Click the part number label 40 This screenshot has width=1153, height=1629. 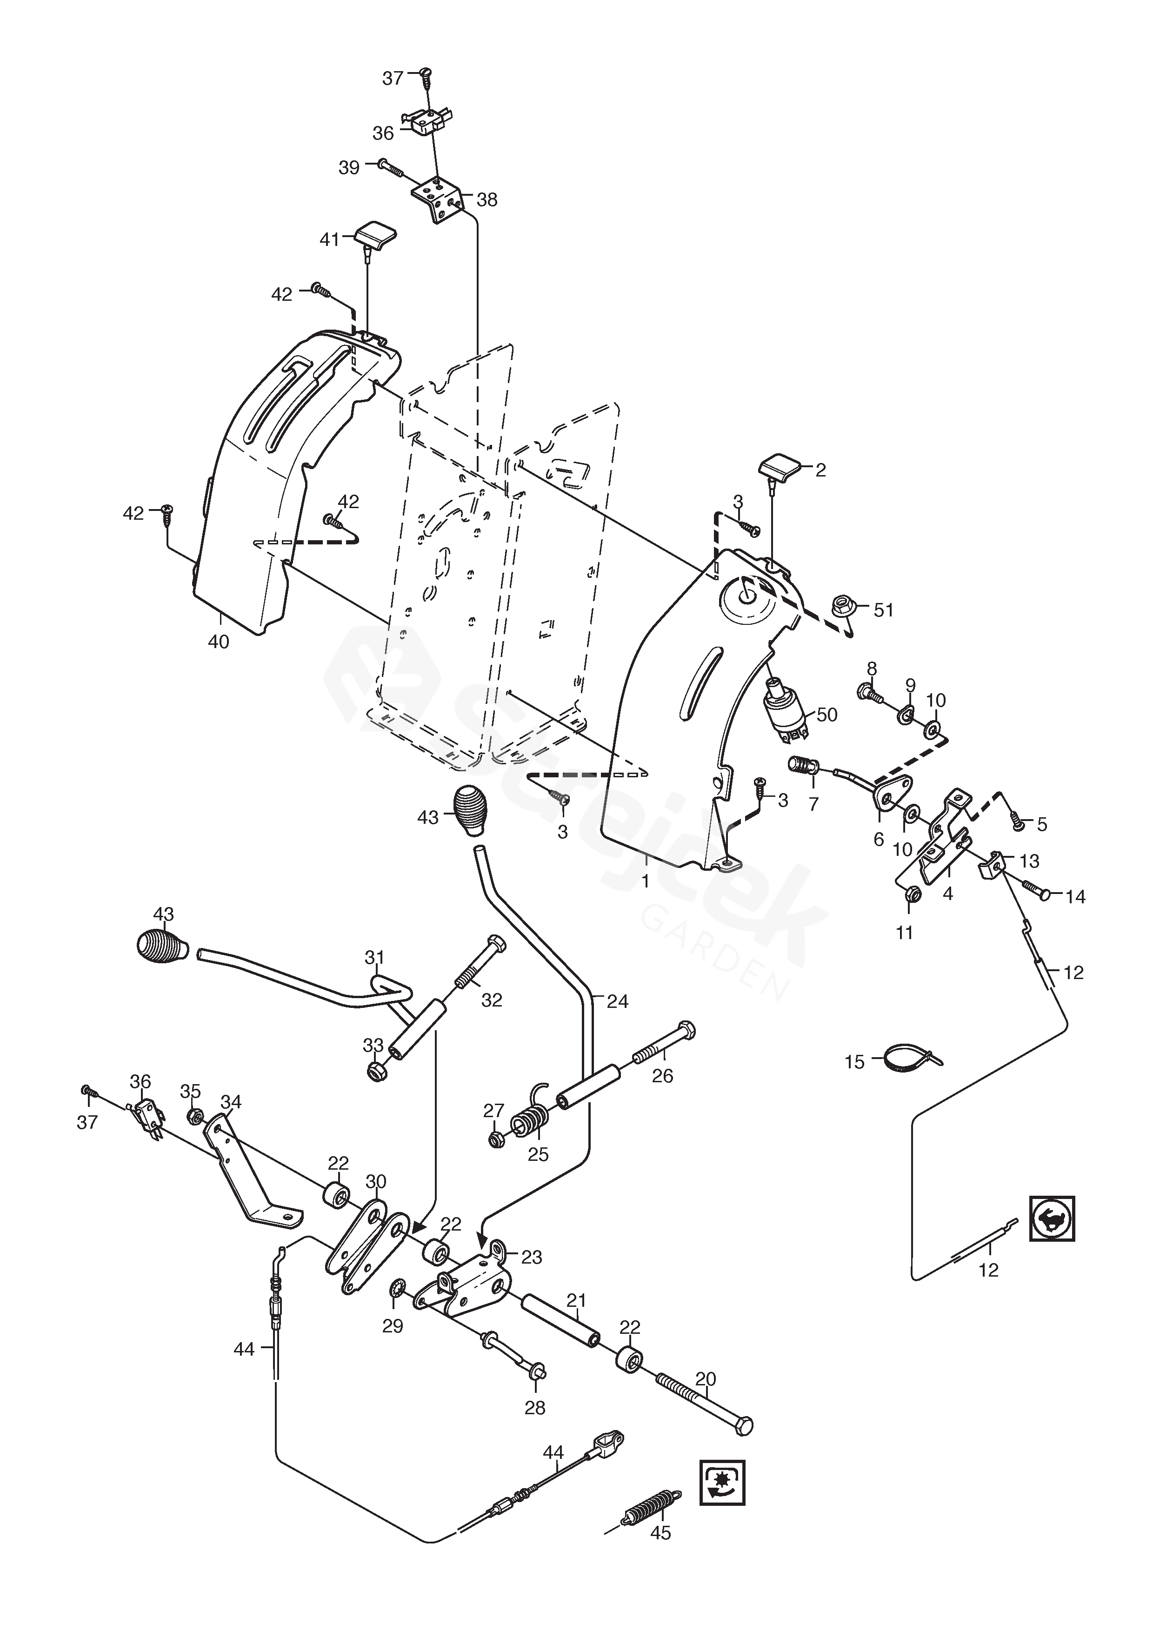pos(219,642)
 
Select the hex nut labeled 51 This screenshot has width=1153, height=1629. pos(843,607)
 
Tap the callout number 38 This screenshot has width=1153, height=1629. pos(487,200)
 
